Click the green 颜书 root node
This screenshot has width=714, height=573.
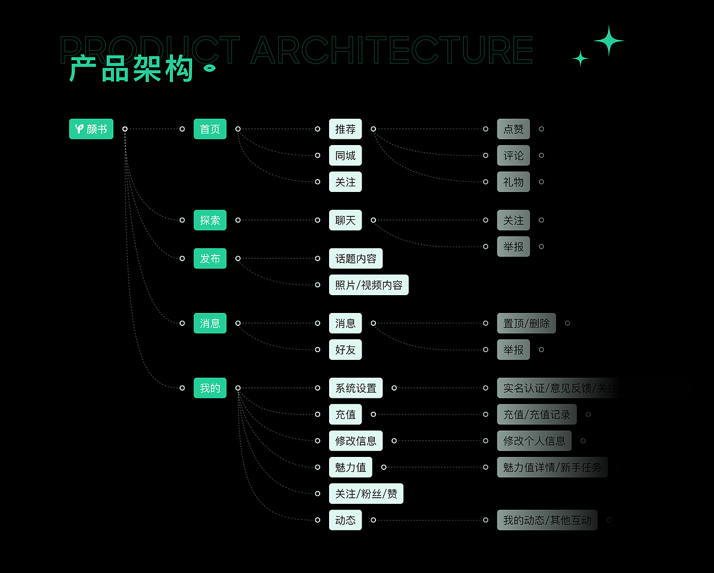pos(91,129)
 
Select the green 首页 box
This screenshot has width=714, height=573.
pos(210,129)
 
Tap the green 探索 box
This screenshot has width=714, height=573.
pos(210,220)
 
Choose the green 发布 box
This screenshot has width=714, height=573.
pos(210,258)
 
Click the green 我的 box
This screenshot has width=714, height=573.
pos(210,388)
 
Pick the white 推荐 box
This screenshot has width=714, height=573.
pos(345,129)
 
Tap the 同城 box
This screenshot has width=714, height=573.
pos(345,156)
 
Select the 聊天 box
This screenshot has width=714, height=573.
pos(345,220)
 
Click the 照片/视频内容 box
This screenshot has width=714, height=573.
pos(369,285)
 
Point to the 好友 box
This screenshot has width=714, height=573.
pos(345,350)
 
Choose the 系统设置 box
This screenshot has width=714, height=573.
pos(356,388)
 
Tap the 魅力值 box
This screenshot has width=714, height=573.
pos(350,467)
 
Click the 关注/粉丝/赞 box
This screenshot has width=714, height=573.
pos(366,494)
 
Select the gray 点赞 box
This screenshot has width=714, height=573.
pos(513,129)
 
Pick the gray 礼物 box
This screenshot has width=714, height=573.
pos(513,182)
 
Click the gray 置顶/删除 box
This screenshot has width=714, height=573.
pos(526,323)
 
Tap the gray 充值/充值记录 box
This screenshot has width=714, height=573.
pos(537,415)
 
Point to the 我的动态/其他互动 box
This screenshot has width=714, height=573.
pos(547,520)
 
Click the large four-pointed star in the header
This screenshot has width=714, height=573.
pos(609,41)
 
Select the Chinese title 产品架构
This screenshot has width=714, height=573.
pos(132,70)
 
